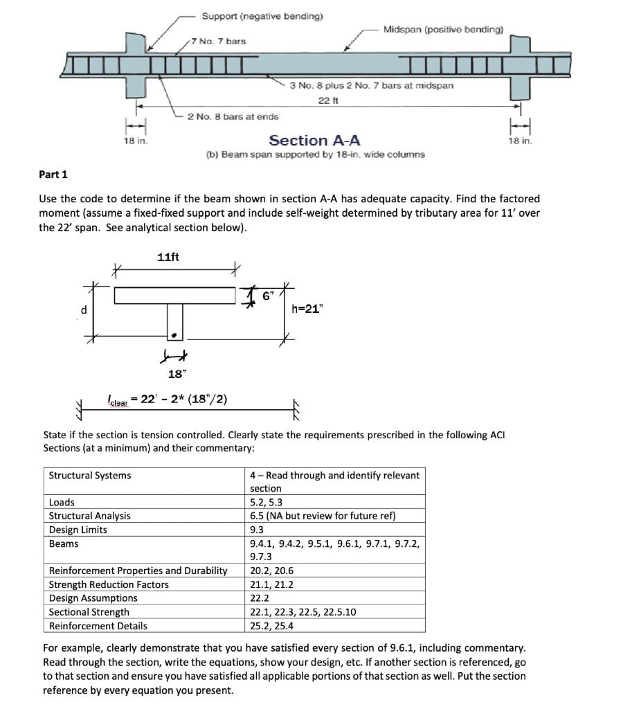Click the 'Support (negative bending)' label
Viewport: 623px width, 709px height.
pyautogui.click(x=262, y=15)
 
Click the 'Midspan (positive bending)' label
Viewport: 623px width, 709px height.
pyautogui.click(x=443, y=29)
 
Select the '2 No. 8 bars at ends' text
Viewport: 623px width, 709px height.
pyautogui.click(x=233, y=116)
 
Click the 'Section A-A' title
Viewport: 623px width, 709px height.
pyautogui.click(x=314, y=141)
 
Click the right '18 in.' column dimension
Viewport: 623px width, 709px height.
pyautogui.click(x=519, y=141)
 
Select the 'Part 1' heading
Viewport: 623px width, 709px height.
pyautogui.click(x=53, y=174)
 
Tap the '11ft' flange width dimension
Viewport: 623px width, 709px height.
pyautogui.click(x=168, y=257)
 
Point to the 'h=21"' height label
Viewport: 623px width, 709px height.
pyautogui.click(x=307, y=309)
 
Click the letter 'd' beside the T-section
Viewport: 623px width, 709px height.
pyautogui.click(x=84, y=309)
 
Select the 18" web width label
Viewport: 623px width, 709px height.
pyautogui.click(x=177, y=374)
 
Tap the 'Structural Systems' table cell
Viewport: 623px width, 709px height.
pyautogui.click(x=90, y=475)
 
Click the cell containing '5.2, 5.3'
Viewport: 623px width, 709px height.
pyautogui.click(x=266, y=502)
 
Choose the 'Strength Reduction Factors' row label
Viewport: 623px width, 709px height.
pyautogui.click(x=109, y=584)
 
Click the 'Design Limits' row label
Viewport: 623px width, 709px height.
pyautogui.click(x=78, y=530)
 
